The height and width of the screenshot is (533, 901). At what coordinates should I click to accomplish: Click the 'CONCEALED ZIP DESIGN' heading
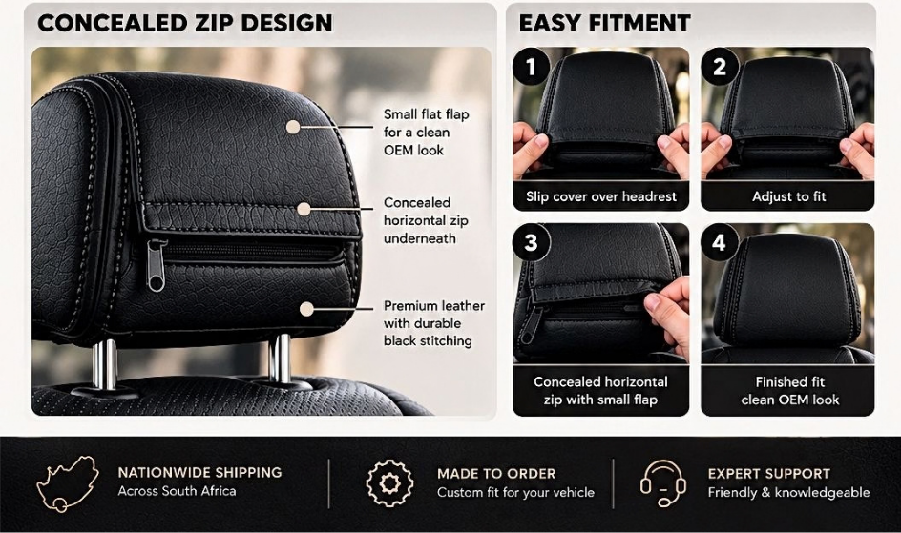pos(185,24)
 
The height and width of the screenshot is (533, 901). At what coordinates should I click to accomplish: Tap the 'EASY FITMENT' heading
pos(604,24)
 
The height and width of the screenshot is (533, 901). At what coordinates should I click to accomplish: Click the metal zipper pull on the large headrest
pos(157,265)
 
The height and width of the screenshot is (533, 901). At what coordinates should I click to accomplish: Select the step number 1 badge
pos(531,67)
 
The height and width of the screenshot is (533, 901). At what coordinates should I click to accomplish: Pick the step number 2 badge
pos(719,67)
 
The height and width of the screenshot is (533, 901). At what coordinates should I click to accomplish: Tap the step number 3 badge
pos(531,242)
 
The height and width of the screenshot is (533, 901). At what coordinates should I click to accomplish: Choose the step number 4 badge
pos(719,242)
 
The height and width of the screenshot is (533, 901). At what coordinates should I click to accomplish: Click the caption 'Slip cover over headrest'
pos(601,196)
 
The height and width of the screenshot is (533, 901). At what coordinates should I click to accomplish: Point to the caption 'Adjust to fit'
pos(789,196)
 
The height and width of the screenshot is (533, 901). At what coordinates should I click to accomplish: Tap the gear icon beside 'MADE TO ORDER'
pos(389,483)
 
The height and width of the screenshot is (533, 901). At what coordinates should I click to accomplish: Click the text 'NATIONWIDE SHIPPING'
pos(200,472)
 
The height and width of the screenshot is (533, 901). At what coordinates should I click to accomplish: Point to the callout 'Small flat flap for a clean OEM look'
pos(427,132)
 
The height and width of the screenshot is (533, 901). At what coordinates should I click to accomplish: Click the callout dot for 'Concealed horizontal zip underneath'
pos(304,210)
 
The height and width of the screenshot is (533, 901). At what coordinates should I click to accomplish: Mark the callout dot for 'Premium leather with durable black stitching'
pos(306,309)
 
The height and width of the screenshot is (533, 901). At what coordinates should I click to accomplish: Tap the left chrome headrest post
pos(105,364)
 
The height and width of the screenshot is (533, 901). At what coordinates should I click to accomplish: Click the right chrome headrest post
pos(280,359)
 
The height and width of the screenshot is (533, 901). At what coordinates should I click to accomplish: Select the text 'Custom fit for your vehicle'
pos(515,492)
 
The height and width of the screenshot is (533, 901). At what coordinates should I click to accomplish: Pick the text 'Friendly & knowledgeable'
pos(788,492)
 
